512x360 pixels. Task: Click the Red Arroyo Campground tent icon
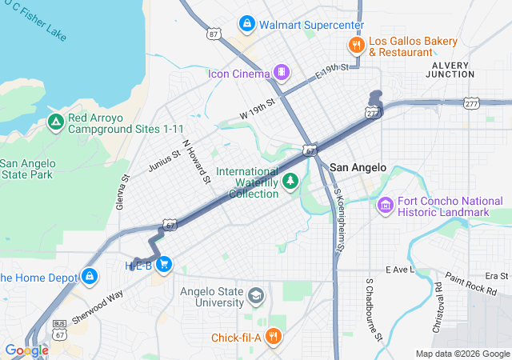point(55,122)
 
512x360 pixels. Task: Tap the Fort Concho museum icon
point(386,206)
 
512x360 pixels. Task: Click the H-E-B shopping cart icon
point(163,265)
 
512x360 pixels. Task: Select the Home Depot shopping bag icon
point(89,278)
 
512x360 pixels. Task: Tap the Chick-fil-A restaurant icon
point(274,337)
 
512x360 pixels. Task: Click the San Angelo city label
point(358,167)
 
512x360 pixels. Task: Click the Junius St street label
point(165,159)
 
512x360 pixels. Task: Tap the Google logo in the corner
point(26,350)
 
